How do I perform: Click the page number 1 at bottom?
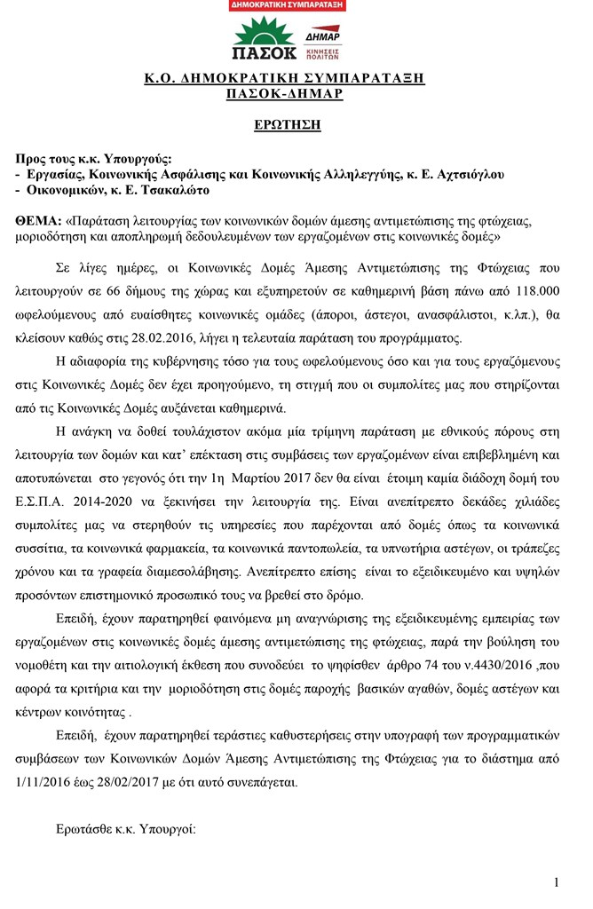[556, 882]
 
